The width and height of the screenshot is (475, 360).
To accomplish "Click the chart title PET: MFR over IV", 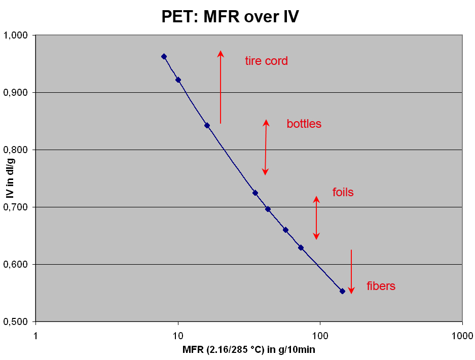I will pyautogui.click(x=230, y=17).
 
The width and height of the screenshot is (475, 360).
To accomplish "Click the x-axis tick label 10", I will pyautogui.click(x=178, y=335).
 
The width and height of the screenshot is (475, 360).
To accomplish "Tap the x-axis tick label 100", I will pyautogui.click(x=320, y=335).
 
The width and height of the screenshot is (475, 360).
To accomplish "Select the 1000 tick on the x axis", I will pyautogui.click(x=462, y=335).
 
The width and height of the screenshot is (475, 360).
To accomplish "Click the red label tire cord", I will pyautogui.click(x=266, y=61).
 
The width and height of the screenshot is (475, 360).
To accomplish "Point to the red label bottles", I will pyautogui.click(x=304, y=124).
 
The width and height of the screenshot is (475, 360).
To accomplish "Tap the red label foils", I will pyautogui.click(x=343, y=193).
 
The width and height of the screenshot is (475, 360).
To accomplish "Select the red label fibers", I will pyautogui.click(x=381, y=286).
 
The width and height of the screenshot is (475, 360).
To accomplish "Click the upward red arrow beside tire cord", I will pyautogui.click(x=221, y=86).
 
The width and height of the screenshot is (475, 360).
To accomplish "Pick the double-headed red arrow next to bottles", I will pyautogui.click(x=265, y=147).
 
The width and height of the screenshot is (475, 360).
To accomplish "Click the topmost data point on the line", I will pyautogui.click(x=164, y=56).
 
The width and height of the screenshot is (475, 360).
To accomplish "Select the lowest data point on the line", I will pyautogui.click(x=342, y=291).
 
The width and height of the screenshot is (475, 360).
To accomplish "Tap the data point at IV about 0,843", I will pyautogui.click(x=207, y=125).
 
